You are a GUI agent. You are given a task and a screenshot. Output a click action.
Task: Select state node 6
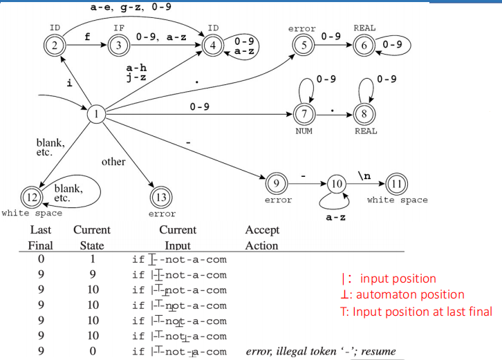[x=366, y=47]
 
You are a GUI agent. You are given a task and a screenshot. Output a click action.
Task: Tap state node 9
[x=277, y=185]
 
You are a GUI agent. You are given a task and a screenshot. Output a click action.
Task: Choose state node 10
[x=335, y=185]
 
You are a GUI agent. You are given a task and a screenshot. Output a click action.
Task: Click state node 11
[x=397, y=185]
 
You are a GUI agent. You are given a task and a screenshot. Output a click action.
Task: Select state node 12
[x=31, y=195]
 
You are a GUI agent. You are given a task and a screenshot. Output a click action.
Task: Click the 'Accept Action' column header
[x=261, y=237]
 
